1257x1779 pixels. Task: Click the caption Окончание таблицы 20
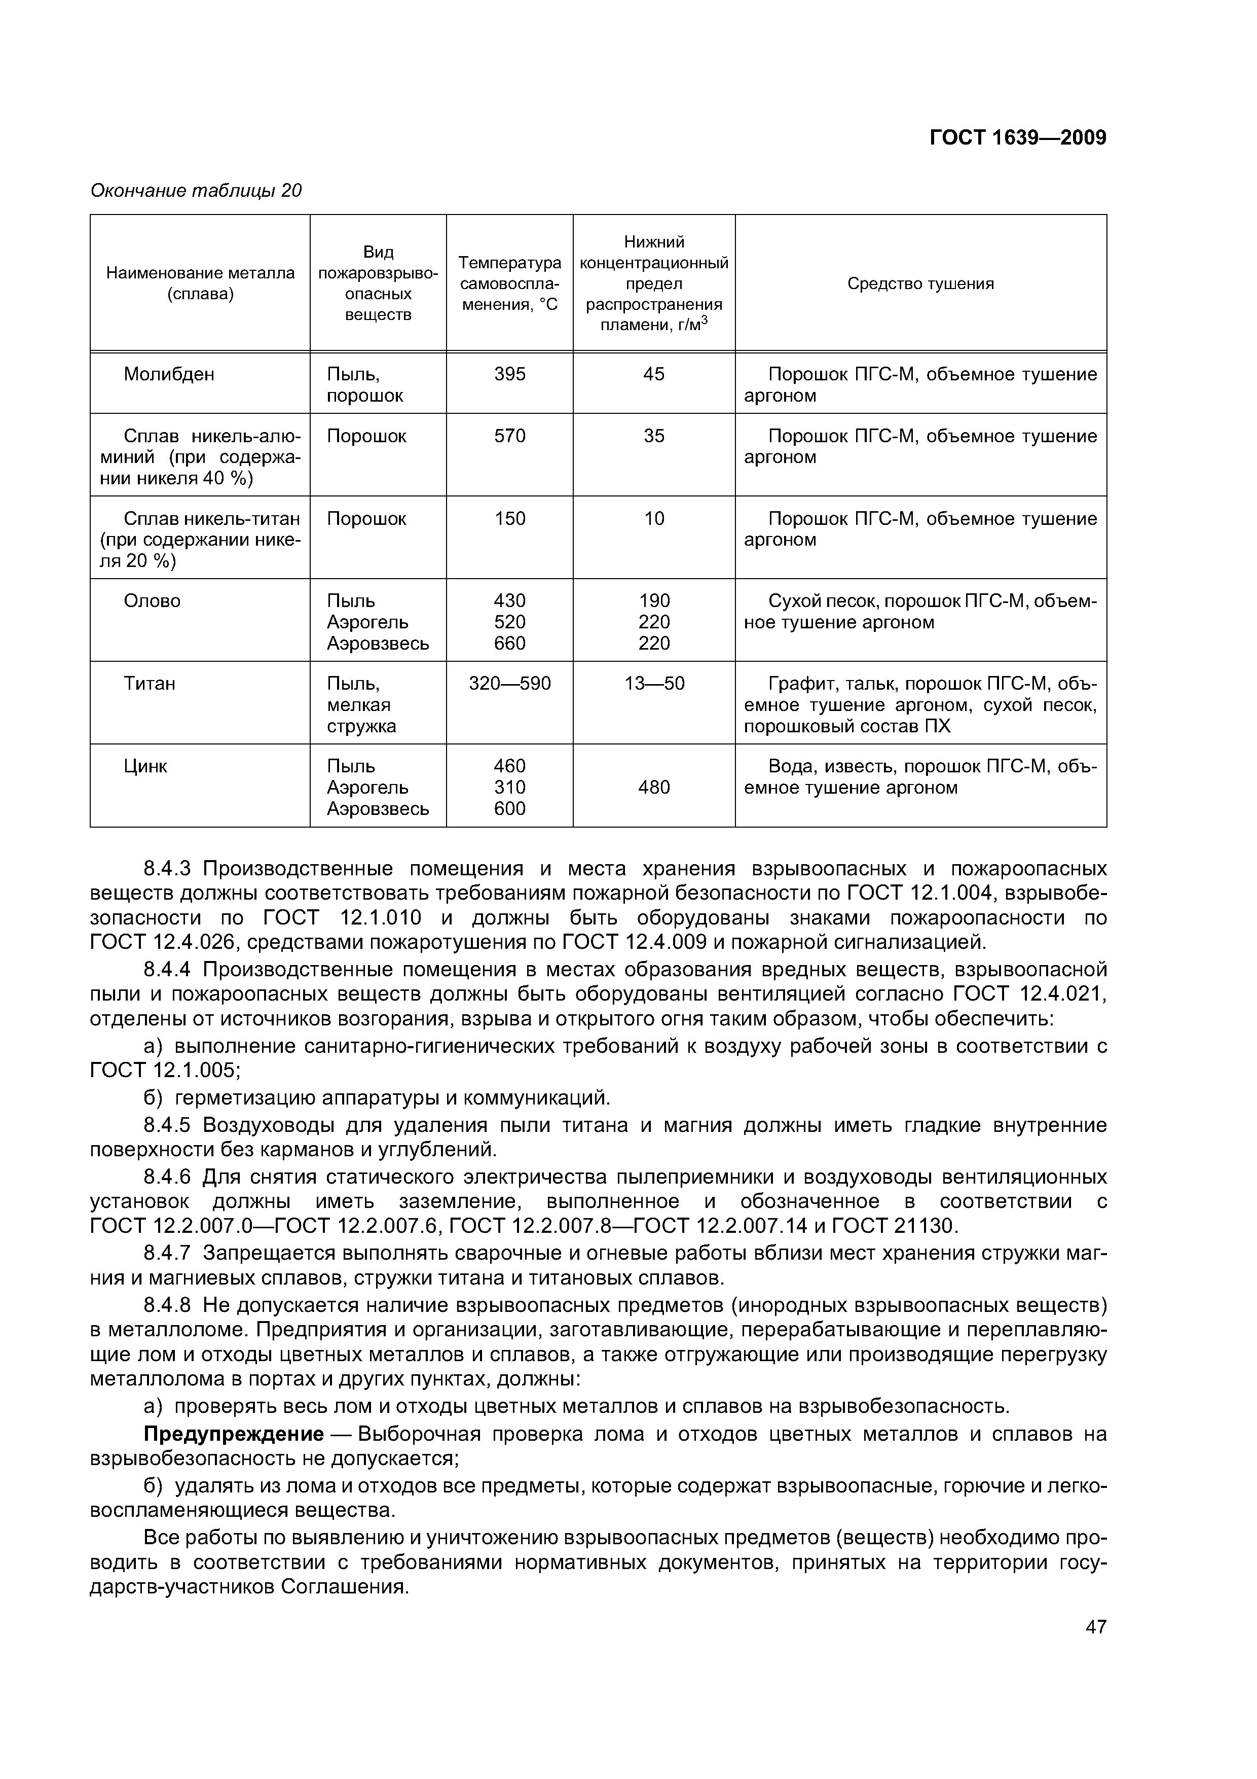click(196, 191)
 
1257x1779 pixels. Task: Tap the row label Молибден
click(169, 375)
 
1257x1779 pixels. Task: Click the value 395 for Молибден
click(509, 375)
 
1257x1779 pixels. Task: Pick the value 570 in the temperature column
click(509, 437)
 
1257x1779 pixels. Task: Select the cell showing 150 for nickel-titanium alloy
click(509, 519)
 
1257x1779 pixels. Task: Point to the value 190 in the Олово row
click(654, 601)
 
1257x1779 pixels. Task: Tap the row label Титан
click(150, 684)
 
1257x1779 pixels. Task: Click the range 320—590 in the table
click(509, 684)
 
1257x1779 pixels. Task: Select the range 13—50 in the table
click(654, 684)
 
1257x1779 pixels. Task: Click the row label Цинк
click(145, 767)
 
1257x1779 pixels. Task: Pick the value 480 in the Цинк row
click(654, 788)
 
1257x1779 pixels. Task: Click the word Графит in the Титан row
click(795, 684)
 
